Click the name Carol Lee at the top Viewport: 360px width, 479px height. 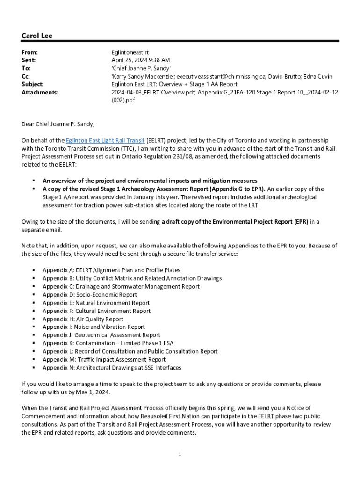point(37,36)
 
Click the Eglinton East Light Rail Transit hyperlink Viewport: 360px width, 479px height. point(105,140)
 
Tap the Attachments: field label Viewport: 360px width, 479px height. point(40,93)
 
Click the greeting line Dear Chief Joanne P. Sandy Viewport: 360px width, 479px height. point(58,124)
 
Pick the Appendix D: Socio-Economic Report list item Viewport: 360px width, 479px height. point(90,295)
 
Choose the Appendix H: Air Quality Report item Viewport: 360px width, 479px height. point(83,319)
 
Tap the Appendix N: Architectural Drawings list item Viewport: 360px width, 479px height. point(112,368)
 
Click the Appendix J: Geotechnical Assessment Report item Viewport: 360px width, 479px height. point(101,335)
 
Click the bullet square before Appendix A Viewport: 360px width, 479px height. point(34,270)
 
